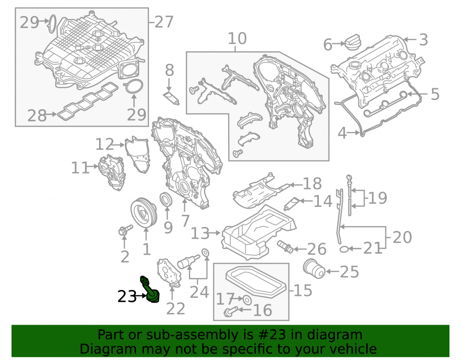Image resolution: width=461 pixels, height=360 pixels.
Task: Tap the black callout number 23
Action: [127, 296]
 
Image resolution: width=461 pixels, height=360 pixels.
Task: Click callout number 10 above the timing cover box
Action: [237, 39]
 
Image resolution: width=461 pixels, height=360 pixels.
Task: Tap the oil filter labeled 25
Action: [314, 268]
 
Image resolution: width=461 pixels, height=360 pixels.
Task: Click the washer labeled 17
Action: [248, 300]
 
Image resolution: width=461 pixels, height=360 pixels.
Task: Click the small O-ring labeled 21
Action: [344, 249]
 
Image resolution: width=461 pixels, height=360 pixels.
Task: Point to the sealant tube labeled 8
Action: [171, 98]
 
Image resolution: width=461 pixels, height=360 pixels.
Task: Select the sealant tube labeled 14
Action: [292, 204]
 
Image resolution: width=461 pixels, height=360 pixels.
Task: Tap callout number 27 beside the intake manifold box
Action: [164, 22]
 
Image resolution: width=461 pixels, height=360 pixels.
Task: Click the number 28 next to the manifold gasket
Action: [37, 116]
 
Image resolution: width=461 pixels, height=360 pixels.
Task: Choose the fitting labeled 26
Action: [285, 247]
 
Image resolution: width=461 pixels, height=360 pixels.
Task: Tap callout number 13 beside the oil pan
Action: [201, 233]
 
